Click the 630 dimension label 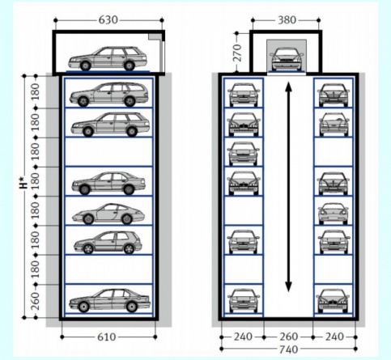pos(108,20)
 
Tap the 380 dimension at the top pos(287,20)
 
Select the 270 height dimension pos(236,53)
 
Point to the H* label pos(24,182)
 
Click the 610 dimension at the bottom pos(107,337)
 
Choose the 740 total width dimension pos(289,349)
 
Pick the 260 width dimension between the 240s pos(289,337)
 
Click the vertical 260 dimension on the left pos(35,301)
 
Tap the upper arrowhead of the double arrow pos(288,87)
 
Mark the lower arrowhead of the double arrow pos(288,287)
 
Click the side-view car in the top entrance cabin pos(108,58)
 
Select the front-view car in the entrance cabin pos(287,59)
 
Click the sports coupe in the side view pos(108,214)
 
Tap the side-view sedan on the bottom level pos(109,301)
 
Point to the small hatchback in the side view pos(108,243)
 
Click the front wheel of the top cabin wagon pos(85,66)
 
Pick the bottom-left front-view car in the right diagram pos(244,301)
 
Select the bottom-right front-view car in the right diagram pos(333,301)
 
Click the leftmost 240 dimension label pos(243,337)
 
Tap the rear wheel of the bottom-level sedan pos(131,307)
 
